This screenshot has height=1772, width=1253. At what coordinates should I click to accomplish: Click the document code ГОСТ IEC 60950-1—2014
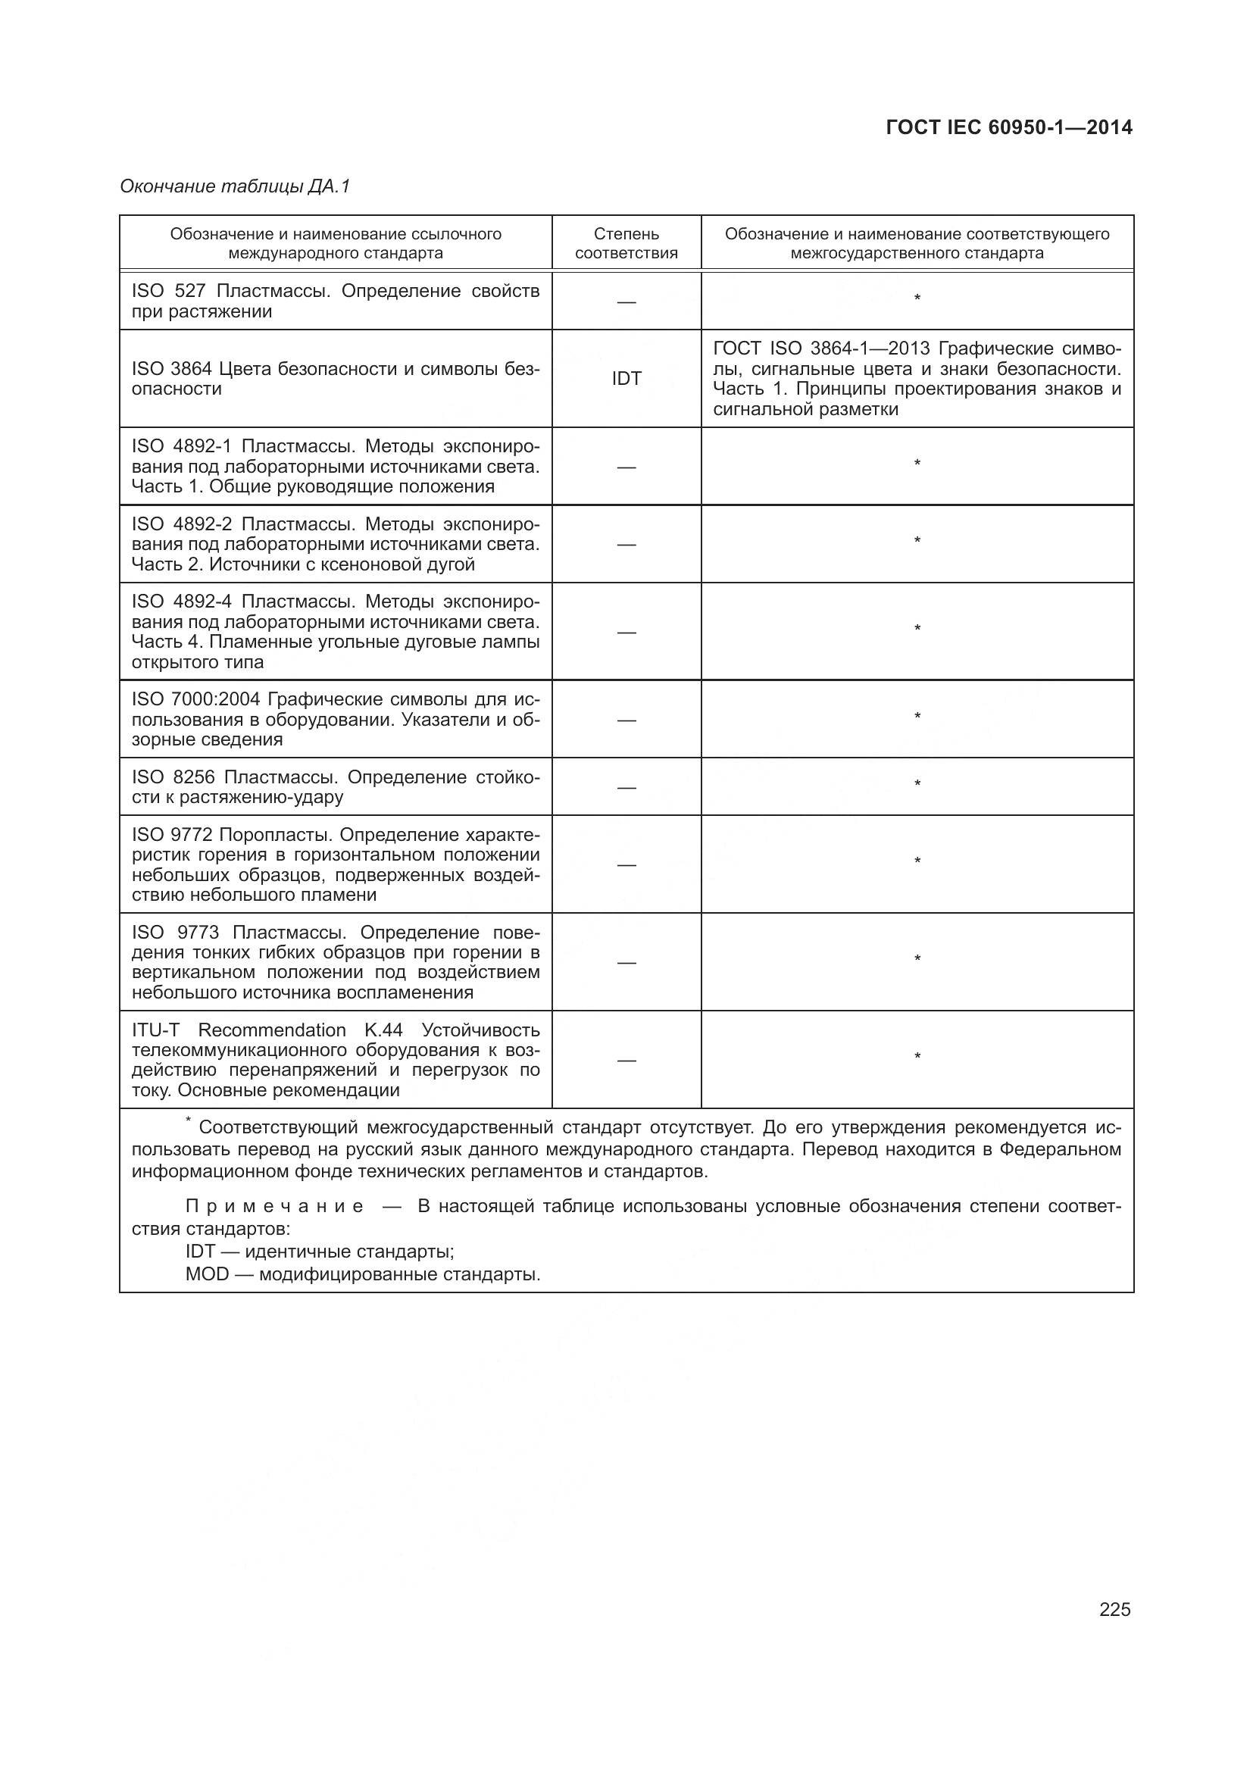(x=1008, y=127)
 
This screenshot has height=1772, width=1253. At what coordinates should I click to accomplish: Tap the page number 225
(x=1114, y=1609)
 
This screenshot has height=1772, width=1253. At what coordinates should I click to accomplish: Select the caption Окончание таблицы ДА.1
(x=235, y=186)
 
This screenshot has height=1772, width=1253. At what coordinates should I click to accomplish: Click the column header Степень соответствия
(x=626, y=243)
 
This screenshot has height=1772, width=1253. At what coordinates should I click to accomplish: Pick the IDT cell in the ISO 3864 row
(x=626, y=378)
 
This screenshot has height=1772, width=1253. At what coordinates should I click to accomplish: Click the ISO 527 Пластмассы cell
(x=335, y=301)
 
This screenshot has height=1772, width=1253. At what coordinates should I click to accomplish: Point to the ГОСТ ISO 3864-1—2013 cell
(x=917, y=378)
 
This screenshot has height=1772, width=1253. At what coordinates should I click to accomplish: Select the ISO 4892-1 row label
(x=335, y=466)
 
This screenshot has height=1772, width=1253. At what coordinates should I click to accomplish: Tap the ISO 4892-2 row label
(x=335, y=544)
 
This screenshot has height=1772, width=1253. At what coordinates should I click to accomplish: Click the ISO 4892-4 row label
(x=335, y=631)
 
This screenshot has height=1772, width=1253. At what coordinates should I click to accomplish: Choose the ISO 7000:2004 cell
(x=335, y=719)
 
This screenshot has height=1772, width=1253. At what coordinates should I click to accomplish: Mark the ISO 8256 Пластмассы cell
(x=335, y=786)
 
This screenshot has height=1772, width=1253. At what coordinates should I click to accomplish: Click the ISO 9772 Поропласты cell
(x=335, y=864)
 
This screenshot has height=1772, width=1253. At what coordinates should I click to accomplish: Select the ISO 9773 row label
(x=335, y=961)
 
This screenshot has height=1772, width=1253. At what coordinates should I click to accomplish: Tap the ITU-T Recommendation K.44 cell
(x=335, y=1060)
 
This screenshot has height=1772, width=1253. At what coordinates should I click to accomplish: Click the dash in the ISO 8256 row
(x=626, y=787)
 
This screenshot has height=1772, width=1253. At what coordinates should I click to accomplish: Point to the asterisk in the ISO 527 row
(x=917, y=298)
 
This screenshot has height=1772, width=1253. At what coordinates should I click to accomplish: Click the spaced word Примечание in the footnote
(x=275, y=1206)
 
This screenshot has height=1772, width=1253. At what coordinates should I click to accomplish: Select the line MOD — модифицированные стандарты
(x=363, y=1274)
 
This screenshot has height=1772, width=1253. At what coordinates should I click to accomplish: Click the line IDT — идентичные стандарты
(x=320, y=1251)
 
